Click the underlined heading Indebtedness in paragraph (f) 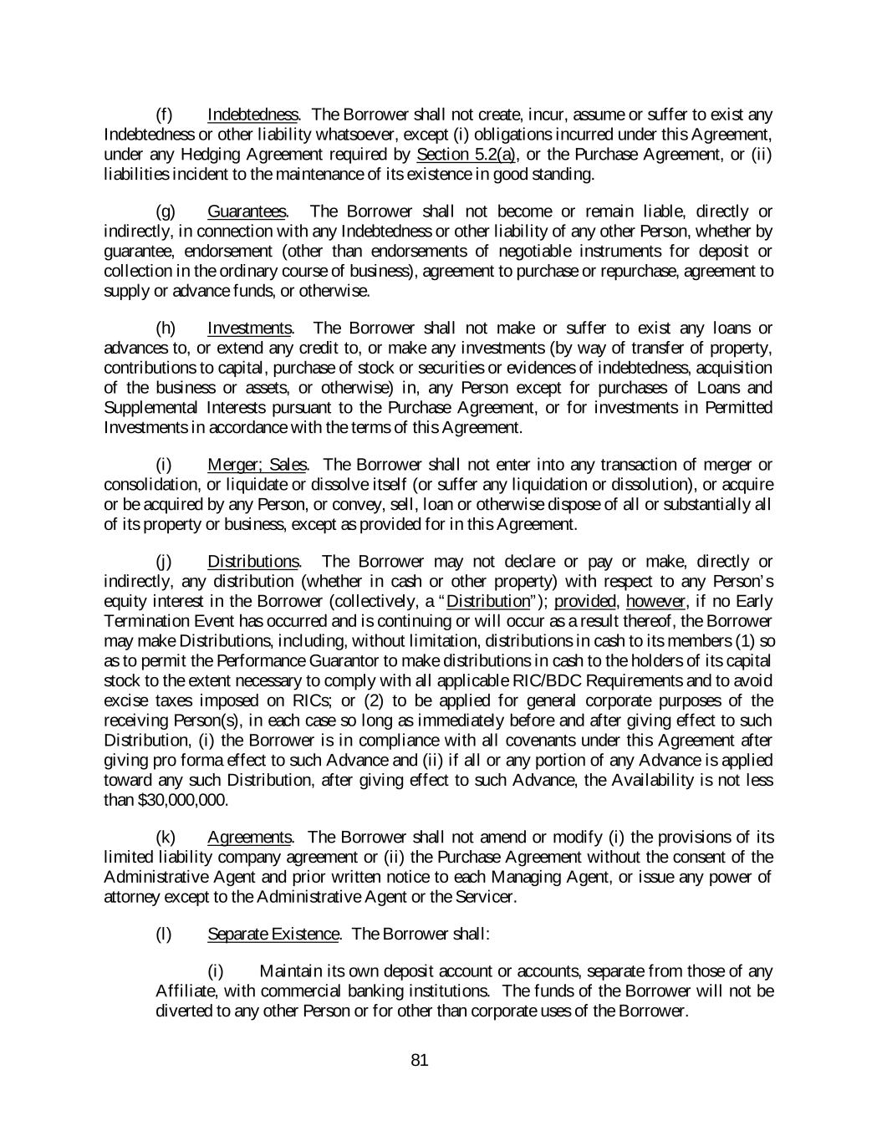point(252,115)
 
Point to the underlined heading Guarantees point(247,211)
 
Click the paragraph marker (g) point(166,211)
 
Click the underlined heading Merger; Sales point(257,465)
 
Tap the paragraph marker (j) point(164,562)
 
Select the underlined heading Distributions point(253,562)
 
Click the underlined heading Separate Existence point(273,935)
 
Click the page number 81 point(420,1061)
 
